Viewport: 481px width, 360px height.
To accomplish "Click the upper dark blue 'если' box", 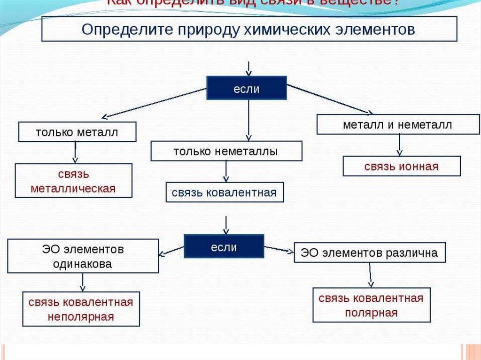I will point(247,88).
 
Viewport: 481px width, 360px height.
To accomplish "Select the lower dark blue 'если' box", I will point(224,246).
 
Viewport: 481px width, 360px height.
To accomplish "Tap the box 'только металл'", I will point(77,132).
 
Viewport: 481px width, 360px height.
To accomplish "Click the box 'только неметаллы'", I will point(226,151).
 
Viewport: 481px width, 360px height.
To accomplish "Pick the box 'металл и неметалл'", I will point(397,125).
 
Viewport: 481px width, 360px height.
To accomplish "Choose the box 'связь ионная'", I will point(402,166).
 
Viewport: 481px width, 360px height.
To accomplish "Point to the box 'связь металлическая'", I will point(73,181).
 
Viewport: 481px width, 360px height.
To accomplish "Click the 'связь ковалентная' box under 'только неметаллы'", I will point(225,192).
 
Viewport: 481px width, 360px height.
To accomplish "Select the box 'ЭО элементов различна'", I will point(369,253).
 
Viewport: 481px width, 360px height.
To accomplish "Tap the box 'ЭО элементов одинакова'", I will point(83,256).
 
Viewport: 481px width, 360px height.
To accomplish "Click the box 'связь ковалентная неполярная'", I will point(81,309).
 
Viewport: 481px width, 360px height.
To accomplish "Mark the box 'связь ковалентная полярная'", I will point(371,305).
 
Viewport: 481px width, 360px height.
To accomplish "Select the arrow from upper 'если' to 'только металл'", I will point(155,102).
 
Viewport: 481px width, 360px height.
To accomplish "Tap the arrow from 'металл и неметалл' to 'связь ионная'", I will point(399,145).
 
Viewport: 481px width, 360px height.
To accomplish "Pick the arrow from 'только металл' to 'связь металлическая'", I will point(75,153).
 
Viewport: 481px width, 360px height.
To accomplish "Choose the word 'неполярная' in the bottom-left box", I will point(81,316).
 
